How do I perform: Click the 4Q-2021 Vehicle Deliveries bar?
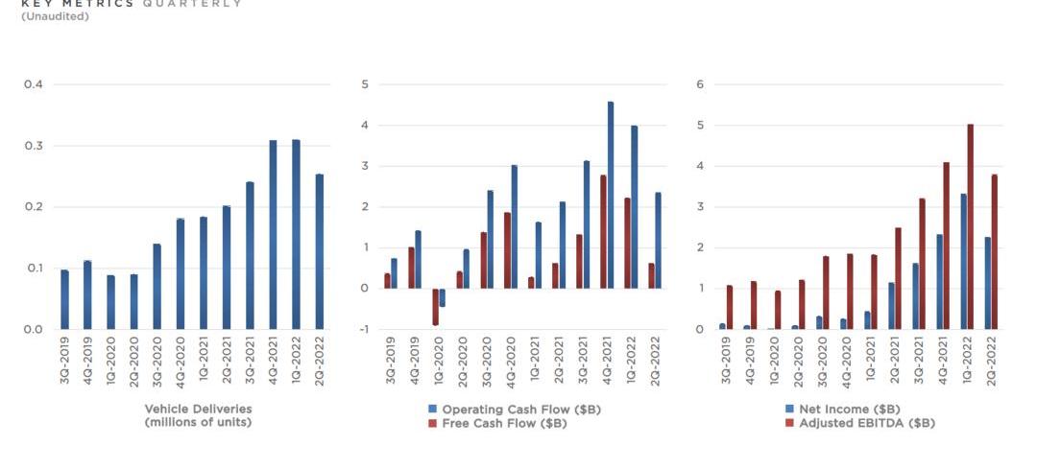coord(273,235)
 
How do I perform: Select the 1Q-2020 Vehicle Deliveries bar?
coord(110,302)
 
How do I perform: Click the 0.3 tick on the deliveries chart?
coord(34,146)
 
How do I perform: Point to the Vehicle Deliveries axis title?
coord(198,415)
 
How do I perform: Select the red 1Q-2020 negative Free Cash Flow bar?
coord(435,307)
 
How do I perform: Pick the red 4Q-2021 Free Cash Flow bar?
coord(603,231)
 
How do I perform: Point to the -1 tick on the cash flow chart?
coord(363,329)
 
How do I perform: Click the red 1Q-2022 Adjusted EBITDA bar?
coord(971,226)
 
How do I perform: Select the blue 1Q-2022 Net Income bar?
coord(963,261)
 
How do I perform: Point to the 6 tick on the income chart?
coord(701,84)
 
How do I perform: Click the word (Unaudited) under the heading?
coord(55,16)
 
